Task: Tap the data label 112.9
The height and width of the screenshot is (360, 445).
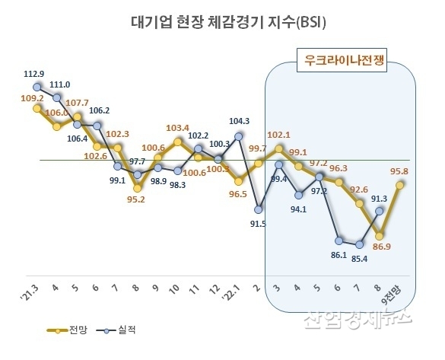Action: pos(35,74)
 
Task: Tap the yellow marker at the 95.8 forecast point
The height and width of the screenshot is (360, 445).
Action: pos(399,183)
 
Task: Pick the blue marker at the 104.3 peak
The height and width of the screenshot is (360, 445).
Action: pos(239,136)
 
